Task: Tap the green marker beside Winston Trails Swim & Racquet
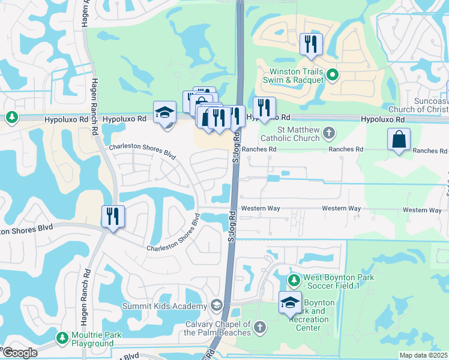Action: pos(335,76)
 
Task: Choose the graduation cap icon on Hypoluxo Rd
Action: pos(164,113)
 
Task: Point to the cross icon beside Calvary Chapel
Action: pos(259,326)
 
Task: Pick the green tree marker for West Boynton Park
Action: pos(294,280)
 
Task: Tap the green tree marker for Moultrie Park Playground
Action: pos(62,338)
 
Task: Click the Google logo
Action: pos(20,353)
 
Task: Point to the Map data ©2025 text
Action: pos(424,355)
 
